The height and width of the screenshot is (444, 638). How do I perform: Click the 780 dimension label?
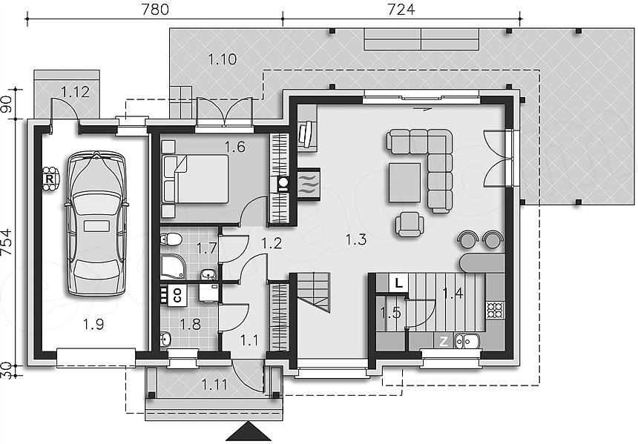(155, 10)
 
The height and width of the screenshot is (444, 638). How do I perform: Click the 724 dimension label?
(401, 10)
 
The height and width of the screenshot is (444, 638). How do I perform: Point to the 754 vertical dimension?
(6, 242)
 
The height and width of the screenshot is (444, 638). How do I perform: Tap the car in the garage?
(96, 223)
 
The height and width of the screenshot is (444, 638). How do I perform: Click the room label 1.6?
(235, 147)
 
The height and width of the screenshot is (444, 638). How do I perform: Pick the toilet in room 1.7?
(171, 239)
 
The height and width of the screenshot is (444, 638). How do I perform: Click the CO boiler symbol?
(178, 294)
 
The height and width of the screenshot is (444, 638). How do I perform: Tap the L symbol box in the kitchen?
(399, 282)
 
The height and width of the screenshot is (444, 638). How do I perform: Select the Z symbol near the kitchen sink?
(443, 341)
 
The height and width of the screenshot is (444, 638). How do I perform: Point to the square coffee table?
(404, 182)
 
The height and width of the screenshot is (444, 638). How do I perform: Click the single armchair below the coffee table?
(409, 224)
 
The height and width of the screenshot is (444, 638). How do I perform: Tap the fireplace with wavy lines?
(309, 184)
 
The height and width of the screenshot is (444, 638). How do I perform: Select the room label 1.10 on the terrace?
(222, 59)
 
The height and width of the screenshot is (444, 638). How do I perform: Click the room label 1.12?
(75, 92)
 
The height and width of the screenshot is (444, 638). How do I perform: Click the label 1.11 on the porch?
(215, 384)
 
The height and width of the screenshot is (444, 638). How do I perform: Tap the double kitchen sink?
(467, 341)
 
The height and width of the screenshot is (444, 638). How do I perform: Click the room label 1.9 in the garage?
(93, 325)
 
